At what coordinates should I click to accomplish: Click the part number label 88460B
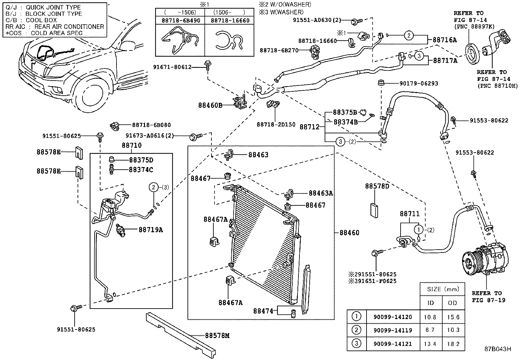210,105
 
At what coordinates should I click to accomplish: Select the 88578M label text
217,335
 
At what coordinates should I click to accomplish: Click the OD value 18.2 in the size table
453,344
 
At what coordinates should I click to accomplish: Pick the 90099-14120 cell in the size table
393,317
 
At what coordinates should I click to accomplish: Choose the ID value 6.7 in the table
430,331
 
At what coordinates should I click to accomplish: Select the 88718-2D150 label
276,124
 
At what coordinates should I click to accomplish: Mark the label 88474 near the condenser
263,311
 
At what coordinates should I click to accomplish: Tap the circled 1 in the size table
356,317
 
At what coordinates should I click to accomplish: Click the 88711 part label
409,214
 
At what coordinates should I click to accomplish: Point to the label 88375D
141,160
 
